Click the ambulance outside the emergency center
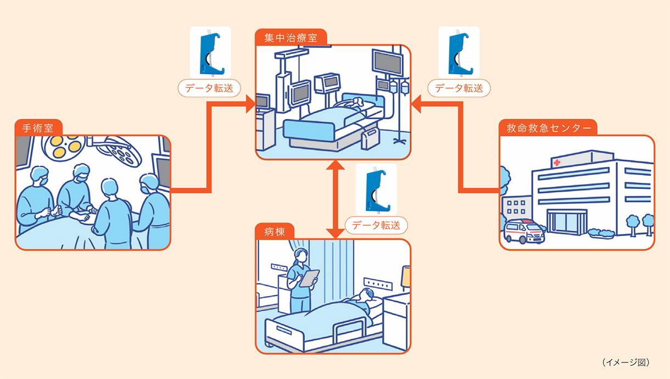524,231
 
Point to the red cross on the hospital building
558,163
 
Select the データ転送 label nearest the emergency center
459,88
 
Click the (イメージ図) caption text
626,362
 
